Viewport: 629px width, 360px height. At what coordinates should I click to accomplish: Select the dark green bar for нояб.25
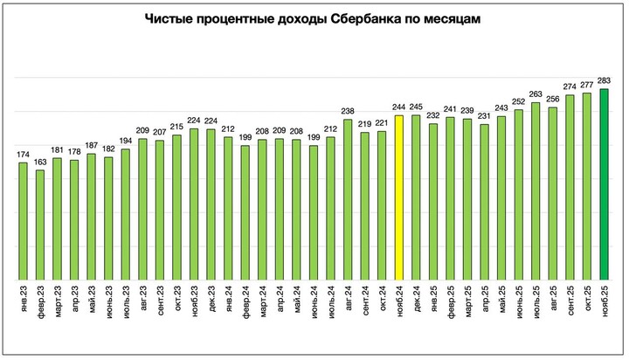(x=604, y=183)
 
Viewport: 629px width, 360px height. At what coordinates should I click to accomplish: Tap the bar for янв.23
(x=24, y=218)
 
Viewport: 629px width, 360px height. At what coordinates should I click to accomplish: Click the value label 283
(x=604, y=81)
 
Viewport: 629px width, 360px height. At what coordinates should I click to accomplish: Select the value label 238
(x=348, y=112)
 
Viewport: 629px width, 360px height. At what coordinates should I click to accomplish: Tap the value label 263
(x=536, y=95)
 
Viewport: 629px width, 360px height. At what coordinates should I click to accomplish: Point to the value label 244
(x=399, y=107)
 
